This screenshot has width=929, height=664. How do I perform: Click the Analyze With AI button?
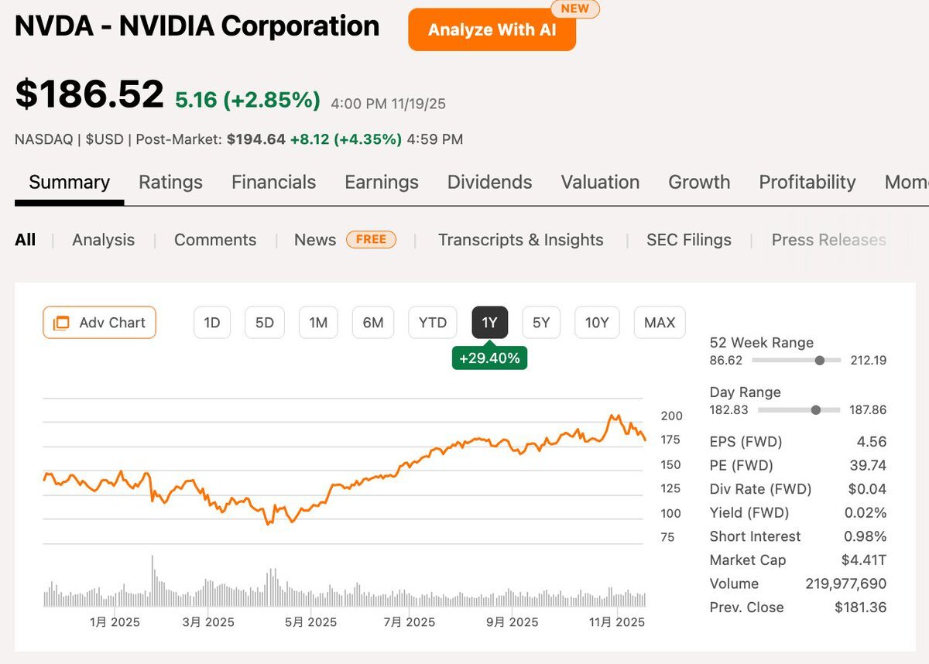pos(492,30)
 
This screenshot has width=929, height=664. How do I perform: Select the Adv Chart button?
pos(99,323)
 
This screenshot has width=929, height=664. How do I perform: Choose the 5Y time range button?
pos(541,323)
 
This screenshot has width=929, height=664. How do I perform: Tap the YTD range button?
pos(432,323)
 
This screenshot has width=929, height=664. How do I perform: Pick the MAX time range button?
pos(660,323)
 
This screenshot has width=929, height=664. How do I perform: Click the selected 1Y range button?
pos(489,323)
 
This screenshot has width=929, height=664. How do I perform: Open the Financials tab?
pos(273,182)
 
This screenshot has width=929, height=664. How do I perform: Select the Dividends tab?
pos(489,182)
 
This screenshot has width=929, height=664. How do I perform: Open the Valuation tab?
pos(600,182)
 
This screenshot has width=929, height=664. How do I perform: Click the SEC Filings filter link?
pos(689,240)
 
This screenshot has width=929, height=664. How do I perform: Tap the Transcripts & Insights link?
pos(520,240)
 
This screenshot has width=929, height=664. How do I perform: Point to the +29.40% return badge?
pos(489,358)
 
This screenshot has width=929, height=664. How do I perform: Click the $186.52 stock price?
pos(90,94)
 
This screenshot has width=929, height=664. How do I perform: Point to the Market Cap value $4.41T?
pos(863,560)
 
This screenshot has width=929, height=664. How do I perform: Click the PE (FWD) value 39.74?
pos(867,465)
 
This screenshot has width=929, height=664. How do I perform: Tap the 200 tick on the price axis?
pos(671,416)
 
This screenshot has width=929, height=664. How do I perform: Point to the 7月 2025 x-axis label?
pos(410,621)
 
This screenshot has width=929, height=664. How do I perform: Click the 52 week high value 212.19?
pos(867,360)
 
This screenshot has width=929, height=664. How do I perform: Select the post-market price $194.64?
pos(255,139)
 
